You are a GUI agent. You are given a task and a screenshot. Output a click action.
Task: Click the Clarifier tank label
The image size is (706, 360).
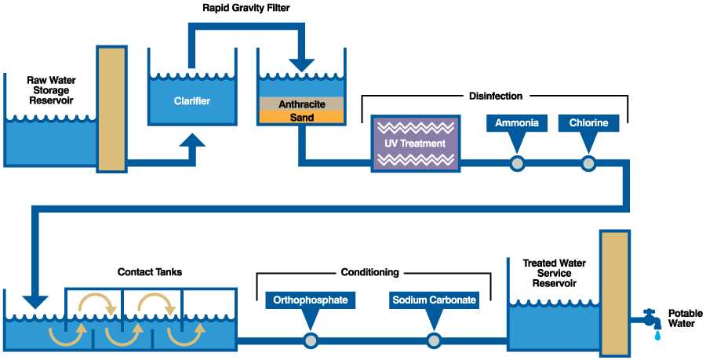click(x=192, y=100)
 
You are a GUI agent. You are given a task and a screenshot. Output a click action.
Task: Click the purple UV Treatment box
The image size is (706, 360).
click(x=415, y=143)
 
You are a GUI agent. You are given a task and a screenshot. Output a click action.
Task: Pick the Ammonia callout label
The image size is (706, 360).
click(x=515, y=122)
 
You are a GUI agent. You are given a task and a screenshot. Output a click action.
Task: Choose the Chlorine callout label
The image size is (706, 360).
click(x=588, y=122)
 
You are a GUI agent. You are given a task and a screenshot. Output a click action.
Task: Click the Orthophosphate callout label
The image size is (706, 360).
click(x=311, y=300)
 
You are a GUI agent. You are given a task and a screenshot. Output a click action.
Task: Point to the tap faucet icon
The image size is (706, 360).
click(x=648, y=318)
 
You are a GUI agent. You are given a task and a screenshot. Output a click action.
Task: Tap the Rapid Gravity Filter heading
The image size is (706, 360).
click(x=245, y=9)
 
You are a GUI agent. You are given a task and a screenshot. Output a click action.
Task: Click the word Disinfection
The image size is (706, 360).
click(x=495, y=96)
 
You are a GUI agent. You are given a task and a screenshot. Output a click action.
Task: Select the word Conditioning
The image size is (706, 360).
click(x=369, y=273)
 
